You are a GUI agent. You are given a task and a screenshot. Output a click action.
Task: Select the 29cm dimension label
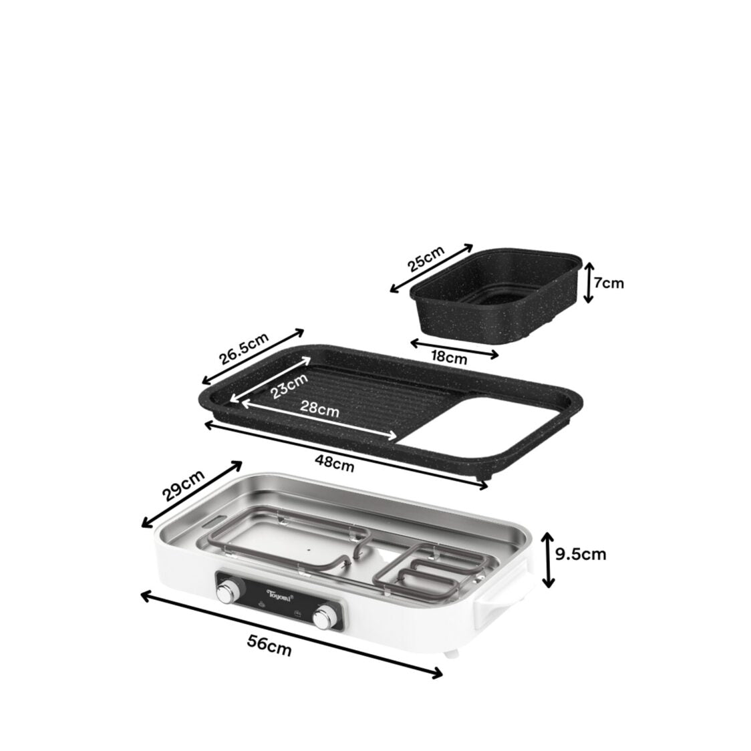click(x=182, y=484)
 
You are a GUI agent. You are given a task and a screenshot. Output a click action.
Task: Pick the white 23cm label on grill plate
click(x=289, y=386)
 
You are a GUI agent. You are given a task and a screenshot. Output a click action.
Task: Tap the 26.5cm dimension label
click(x=244, y=347)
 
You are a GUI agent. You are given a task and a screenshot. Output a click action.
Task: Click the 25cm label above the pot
click(x=426, y=257)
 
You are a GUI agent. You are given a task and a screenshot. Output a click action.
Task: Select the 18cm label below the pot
click(x=448, y=357)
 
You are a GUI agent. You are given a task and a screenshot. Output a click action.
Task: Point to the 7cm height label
click(x=609, y=283)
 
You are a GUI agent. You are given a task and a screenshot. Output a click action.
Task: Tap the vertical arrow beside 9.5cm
click(x=548, y=559)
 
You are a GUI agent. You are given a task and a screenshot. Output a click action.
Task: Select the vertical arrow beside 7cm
click(x=588, y=282)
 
